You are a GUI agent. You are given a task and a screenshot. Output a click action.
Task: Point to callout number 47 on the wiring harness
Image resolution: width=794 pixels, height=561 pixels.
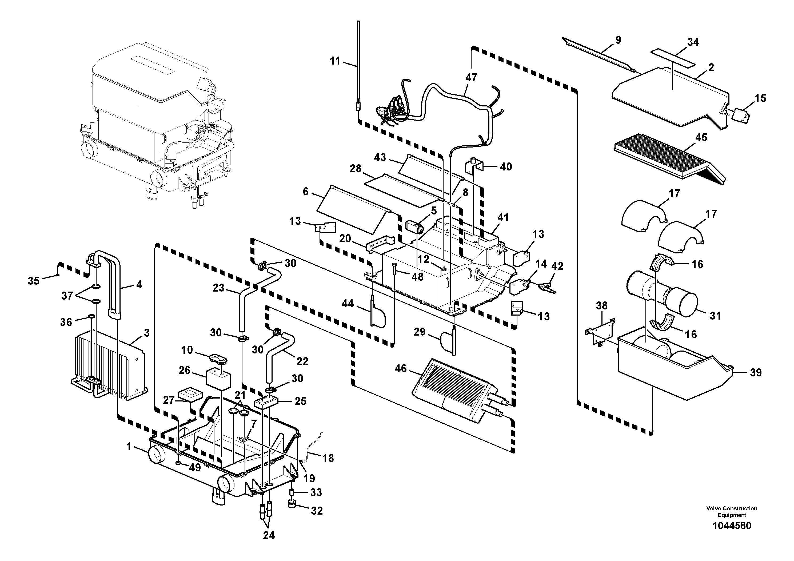coord(471,78)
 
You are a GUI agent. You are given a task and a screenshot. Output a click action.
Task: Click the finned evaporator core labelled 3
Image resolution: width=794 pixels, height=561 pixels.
coord(107,367)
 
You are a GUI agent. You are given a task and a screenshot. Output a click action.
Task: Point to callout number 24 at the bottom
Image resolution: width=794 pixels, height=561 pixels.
coord(269,535)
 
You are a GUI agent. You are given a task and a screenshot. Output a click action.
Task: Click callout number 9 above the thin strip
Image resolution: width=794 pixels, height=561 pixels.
coord(618,40)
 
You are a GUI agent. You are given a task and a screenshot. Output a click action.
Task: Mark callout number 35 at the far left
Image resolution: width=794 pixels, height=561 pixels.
coord(34,281)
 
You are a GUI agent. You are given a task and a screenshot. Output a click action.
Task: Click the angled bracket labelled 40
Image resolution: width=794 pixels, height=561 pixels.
coord(474,168)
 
